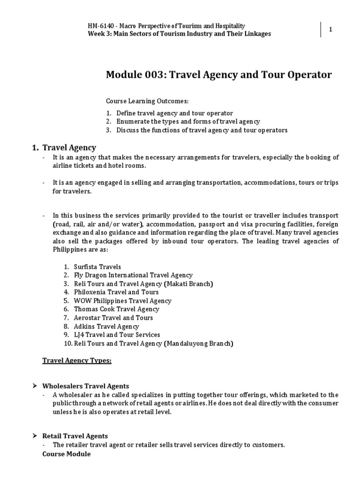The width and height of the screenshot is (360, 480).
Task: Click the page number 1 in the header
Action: tap(331, 30)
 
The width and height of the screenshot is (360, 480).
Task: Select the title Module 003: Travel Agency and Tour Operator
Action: tap(219, 75)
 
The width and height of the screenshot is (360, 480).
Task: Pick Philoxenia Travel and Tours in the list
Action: tap(116, 292)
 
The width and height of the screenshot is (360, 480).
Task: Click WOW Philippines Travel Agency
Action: tap(122, 300)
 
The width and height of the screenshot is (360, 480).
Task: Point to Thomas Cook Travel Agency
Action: tap(116, 309)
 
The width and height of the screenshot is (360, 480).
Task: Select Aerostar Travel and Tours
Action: tap(113, 317)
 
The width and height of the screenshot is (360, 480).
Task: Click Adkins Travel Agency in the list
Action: tap(106, 326)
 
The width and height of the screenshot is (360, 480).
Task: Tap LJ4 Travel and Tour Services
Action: tap(117, 335)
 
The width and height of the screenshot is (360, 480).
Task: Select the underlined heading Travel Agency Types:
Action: tap(77, 360)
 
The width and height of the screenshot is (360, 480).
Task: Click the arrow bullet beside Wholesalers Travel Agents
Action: tap(34, 386)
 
